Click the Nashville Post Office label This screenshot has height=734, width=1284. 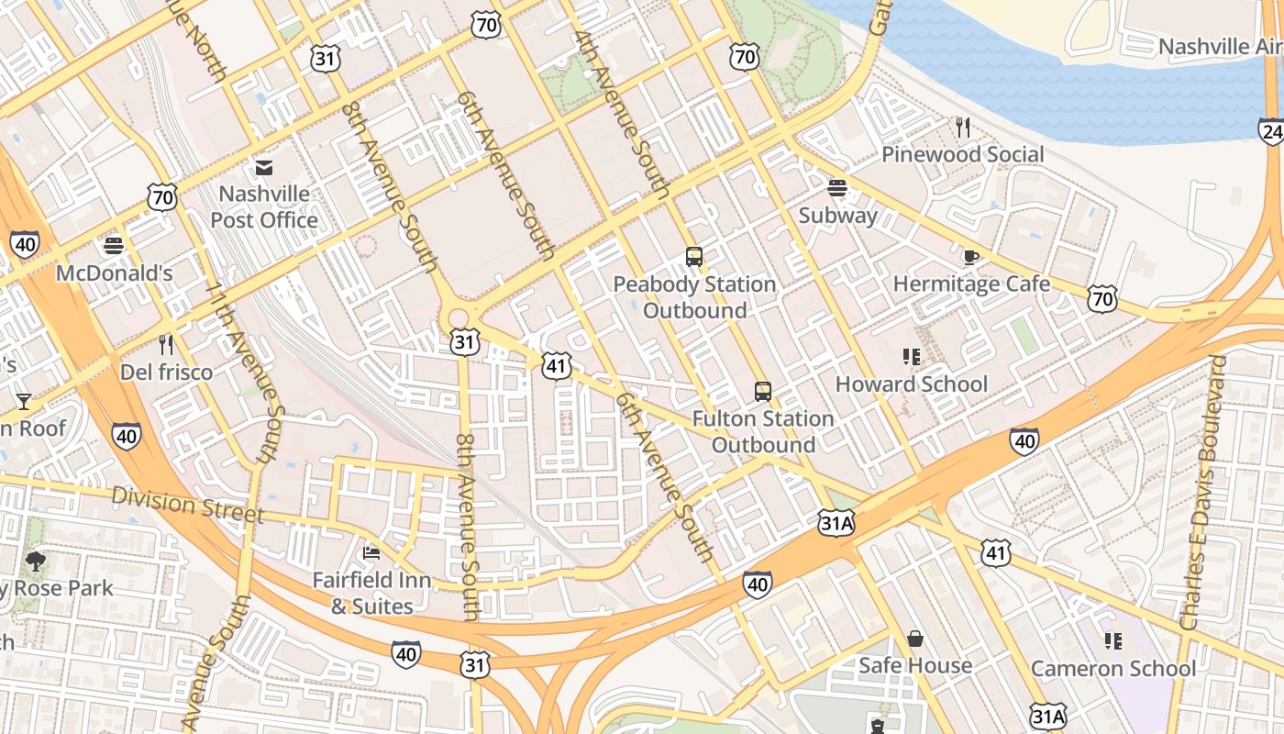264,207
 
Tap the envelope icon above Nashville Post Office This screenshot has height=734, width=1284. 264,168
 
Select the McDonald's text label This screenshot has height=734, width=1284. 114,273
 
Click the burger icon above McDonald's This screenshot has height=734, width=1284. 114,246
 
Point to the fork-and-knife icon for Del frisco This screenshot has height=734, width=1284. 166,345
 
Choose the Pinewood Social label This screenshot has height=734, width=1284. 962,154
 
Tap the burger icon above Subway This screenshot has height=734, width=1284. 836,188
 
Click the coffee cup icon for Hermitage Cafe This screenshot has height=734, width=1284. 970,257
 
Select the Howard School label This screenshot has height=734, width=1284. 911,384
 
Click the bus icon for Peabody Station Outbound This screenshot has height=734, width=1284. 694,257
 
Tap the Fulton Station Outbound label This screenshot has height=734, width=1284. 763,431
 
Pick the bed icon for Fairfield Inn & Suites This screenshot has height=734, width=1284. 371,552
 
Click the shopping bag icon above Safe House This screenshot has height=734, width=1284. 914,639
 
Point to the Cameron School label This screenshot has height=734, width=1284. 1112,668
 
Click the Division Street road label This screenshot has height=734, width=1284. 187,506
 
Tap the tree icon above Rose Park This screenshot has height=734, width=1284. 37,560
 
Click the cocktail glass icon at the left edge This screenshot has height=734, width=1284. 23,402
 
